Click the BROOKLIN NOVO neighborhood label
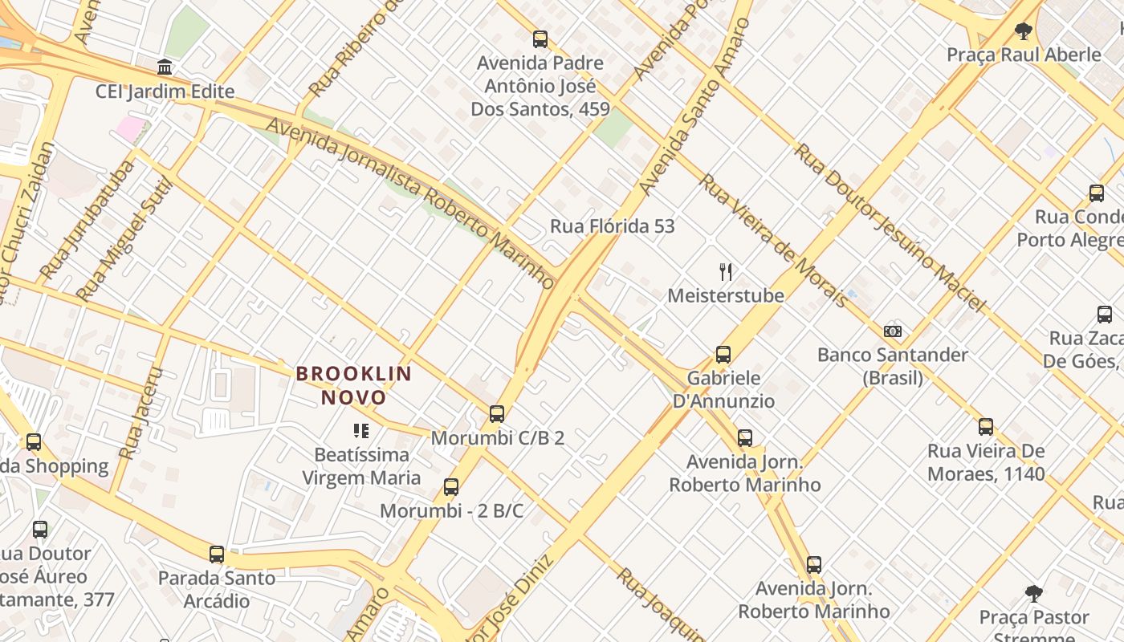click(354, 385)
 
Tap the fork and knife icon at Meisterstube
click(726, 272)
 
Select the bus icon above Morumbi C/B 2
click(497, 414)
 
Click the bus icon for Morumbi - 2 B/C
click(451, 487)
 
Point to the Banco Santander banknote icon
click(892, 331)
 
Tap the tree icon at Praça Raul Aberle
click(1023, 31)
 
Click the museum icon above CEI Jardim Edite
click(165, 67)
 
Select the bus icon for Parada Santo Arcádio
click(216, 555)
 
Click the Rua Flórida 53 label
click(612, 226)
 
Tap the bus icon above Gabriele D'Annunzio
click(723, 355)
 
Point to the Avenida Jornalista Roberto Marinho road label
click(410, 204)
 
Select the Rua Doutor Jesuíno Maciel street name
click(890, 227)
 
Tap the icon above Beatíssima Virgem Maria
click(361, 432)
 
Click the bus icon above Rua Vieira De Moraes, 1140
click(986, 427)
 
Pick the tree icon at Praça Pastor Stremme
click(1034, 594)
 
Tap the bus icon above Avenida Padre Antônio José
click(540, 39)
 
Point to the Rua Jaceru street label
click(140, 414)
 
